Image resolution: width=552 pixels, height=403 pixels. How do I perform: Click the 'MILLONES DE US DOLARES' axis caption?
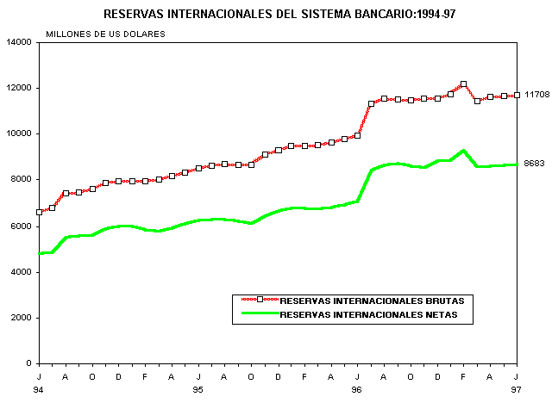point(105,34)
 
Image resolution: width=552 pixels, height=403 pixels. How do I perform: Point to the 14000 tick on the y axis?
point(19,42)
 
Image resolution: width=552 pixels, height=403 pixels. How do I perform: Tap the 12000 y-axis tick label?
point(19,88)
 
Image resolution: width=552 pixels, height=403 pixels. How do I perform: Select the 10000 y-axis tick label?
point(19,134)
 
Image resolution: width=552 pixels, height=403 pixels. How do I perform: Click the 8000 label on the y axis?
point(22,180)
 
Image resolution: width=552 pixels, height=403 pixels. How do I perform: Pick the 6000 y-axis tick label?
point(22,226)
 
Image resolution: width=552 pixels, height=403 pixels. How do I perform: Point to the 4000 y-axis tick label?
point(22,272)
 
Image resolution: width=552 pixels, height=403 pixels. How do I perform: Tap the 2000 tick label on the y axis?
point(22,318)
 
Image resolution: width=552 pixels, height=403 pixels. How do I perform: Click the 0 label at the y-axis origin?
point(29,363)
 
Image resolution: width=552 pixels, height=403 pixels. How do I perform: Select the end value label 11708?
point(537,94)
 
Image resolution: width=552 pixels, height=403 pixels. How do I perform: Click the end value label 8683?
point(535,164)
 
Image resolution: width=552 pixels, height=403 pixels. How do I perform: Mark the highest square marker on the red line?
point(463,84)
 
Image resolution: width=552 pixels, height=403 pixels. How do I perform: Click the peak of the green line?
point(463,151)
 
